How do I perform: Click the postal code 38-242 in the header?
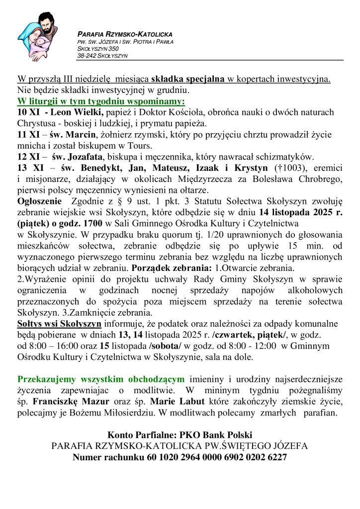(x=88, y=56)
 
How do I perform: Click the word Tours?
(x=139, y=146)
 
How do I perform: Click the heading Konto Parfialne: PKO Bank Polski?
(x=180, y=435)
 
